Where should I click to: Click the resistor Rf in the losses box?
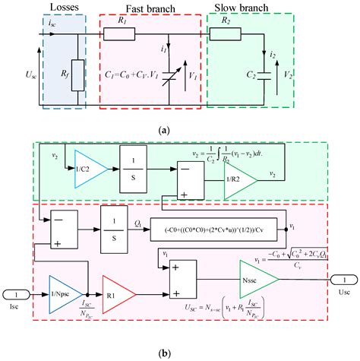point(75,75)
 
